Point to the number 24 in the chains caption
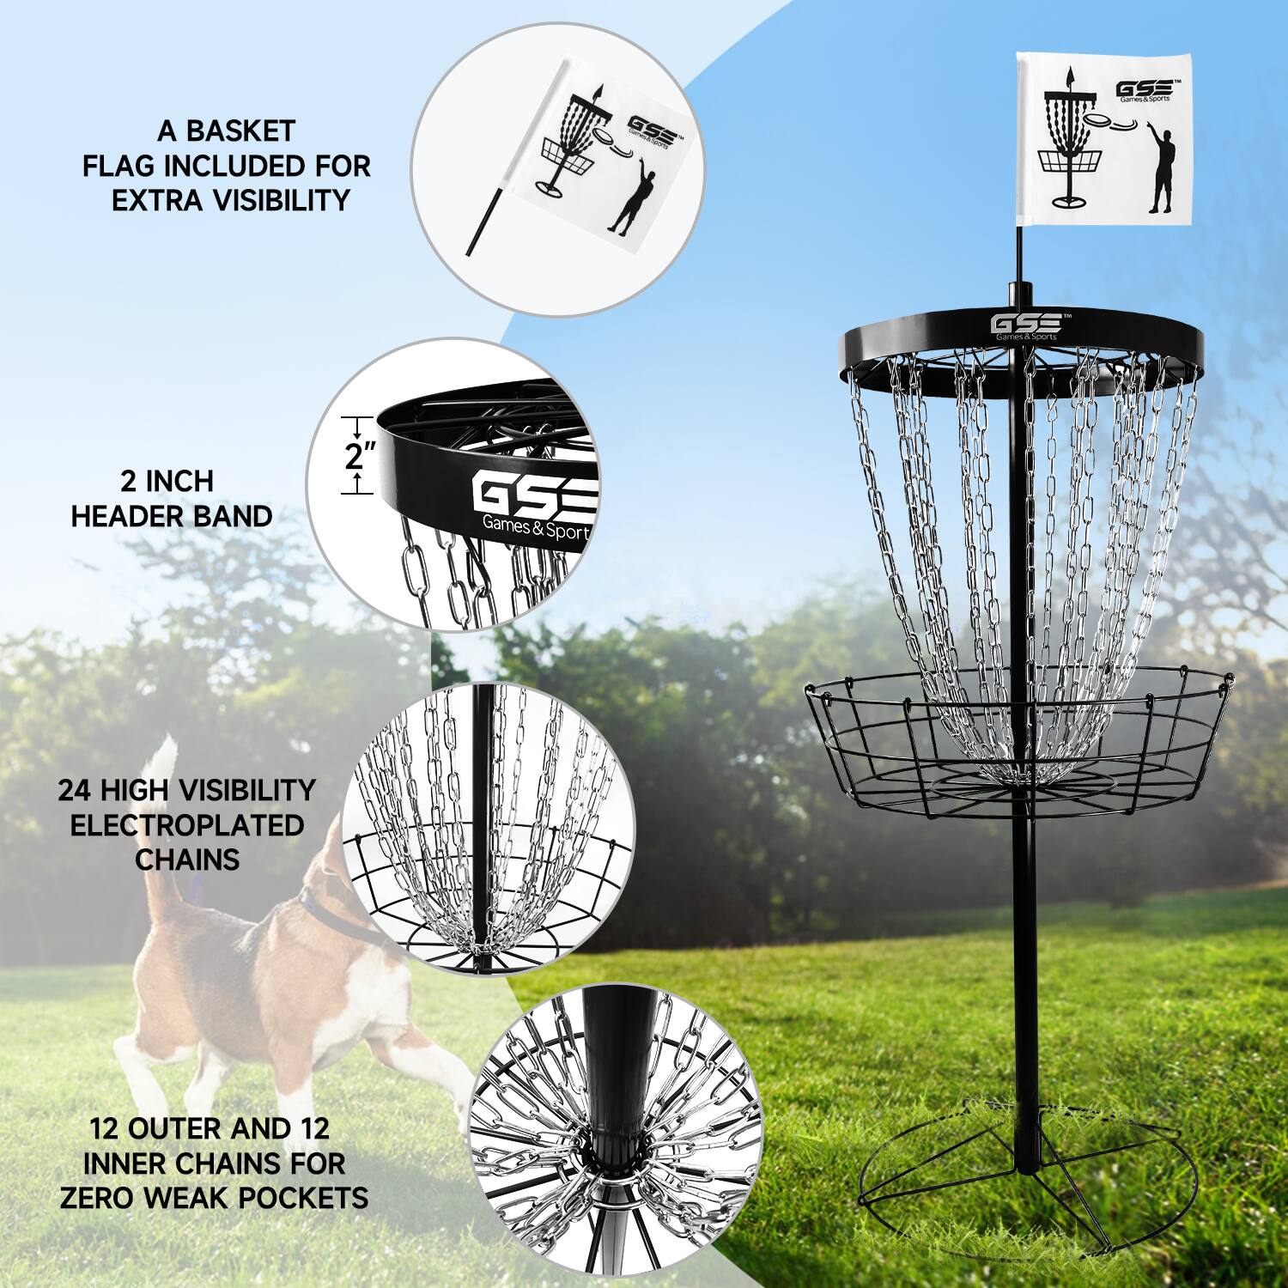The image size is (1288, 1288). pos(76,790)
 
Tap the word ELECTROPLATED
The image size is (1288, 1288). pos(186,825)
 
